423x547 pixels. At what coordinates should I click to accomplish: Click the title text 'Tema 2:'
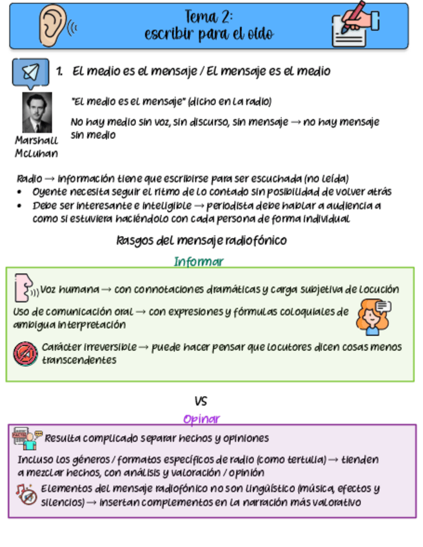point(209,16)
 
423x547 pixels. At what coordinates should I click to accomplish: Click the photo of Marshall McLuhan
point(37,112)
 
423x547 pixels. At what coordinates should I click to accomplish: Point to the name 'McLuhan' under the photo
point(36,154)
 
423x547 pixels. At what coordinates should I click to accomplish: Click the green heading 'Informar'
point(199,261)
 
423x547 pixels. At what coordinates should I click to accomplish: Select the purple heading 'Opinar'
point(201,419)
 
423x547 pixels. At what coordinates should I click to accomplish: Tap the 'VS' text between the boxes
point(201,401)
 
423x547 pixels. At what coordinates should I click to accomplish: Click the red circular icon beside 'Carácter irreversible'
point(25,353)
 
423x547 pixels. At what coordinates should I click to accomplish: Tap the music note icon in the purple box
point(27,494)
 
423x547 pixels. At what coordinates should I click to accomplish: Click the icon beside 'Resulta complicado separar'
point(28,439)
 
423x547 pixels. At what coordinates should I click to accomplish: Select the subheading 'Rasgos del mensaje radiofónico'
point(201,241)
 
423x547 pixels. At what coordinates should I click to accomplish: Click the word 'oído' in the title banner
point(260,34)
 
